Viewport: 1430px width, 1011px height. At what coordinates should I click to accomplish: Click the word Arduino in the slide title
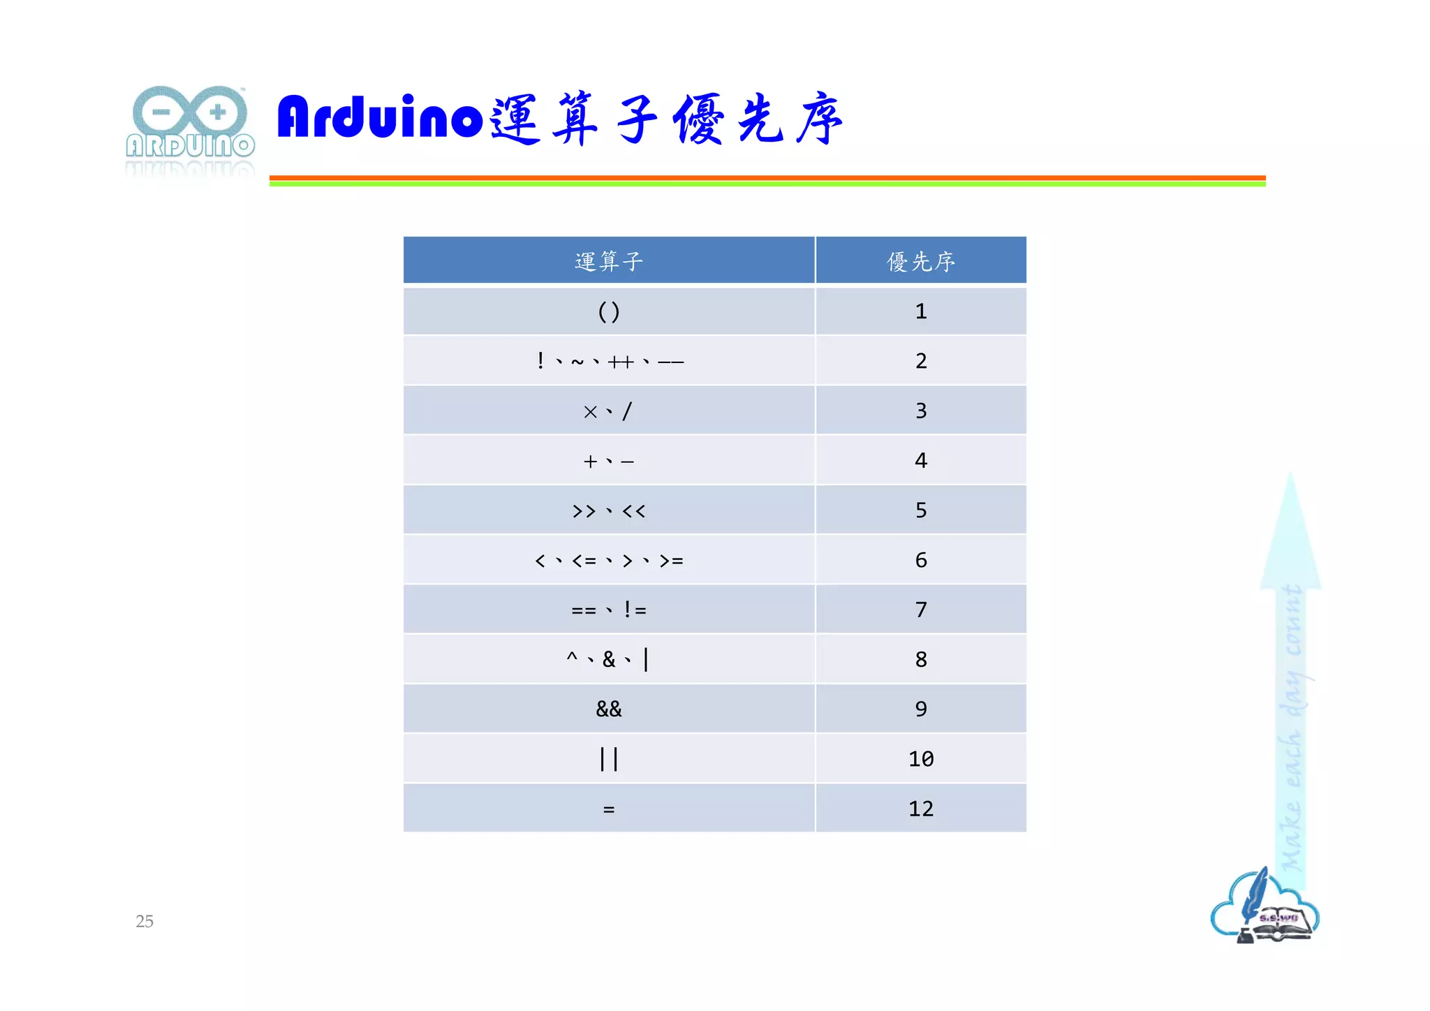pos(380,117)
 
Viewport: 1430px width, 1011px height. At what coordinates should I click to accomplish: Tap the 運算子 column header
pos(609,261)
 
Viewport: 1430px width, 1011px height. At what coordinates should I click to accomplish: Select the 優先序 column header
pos(921,261)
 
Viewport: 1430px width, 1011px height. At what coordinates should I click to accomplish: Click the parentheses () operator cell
pos(609,311)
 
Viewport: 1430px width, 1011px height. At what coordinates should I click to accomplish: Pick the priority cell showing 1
pos(921,311)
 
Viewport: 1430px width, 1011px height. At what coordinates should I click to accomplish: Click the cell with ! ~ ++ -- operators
pos(609,361)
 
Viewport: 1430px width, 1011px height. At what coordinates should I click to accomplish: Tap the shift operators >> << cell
pos(609,510)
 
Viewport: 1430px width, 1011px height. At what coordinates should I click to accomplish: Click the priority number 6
pos(921,560)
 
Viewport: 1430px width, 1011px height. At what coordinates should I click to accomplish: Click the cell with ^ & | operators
pos(609,659)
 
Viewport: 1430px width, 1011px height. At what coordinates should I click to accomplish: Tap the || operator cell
pos(609,759)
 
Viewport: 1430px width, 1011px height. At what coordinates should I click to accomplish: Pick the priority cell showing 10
pos(921,759)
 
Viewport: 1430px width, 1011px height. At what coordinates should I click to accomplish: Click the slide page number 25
pos(145,922)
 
